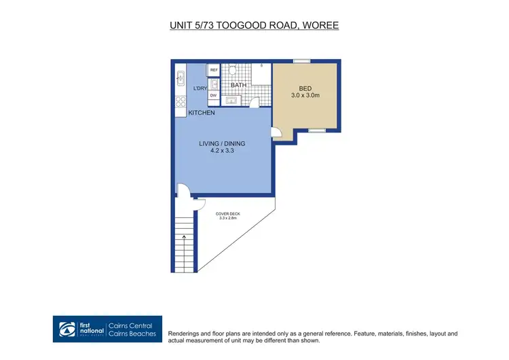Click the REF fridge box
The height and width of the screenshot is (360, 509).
point(213,70)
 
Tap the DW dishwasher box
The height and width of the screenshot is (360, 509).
point(213,96)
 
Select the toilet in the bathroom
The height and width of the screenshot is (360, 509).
point(231,70)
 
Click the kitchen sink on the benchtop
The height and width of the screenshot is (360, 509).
point(181,77)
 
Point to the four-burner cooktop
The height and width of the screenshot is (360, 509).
point(181,103)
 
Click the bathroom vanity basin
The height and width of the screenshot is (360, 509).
point(232,101)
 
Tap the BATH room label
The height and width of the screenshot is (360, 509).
point(238,86)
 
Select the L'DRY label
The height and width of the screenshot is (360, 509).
point(200,89)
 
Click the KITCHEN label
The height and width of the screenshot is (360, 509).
point(202,113)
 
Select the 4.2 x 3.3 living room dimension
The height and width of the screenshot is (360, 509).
point(222,152)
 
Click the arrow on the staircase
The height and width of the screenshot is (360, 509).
point(184,238)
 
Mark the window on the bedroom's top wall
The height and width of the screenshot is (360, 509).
point(302,62)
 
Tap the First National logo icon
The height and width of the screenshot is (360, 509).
point(65,328)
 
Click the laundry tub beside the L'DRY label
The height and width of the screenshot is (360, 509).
point(213,84)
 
